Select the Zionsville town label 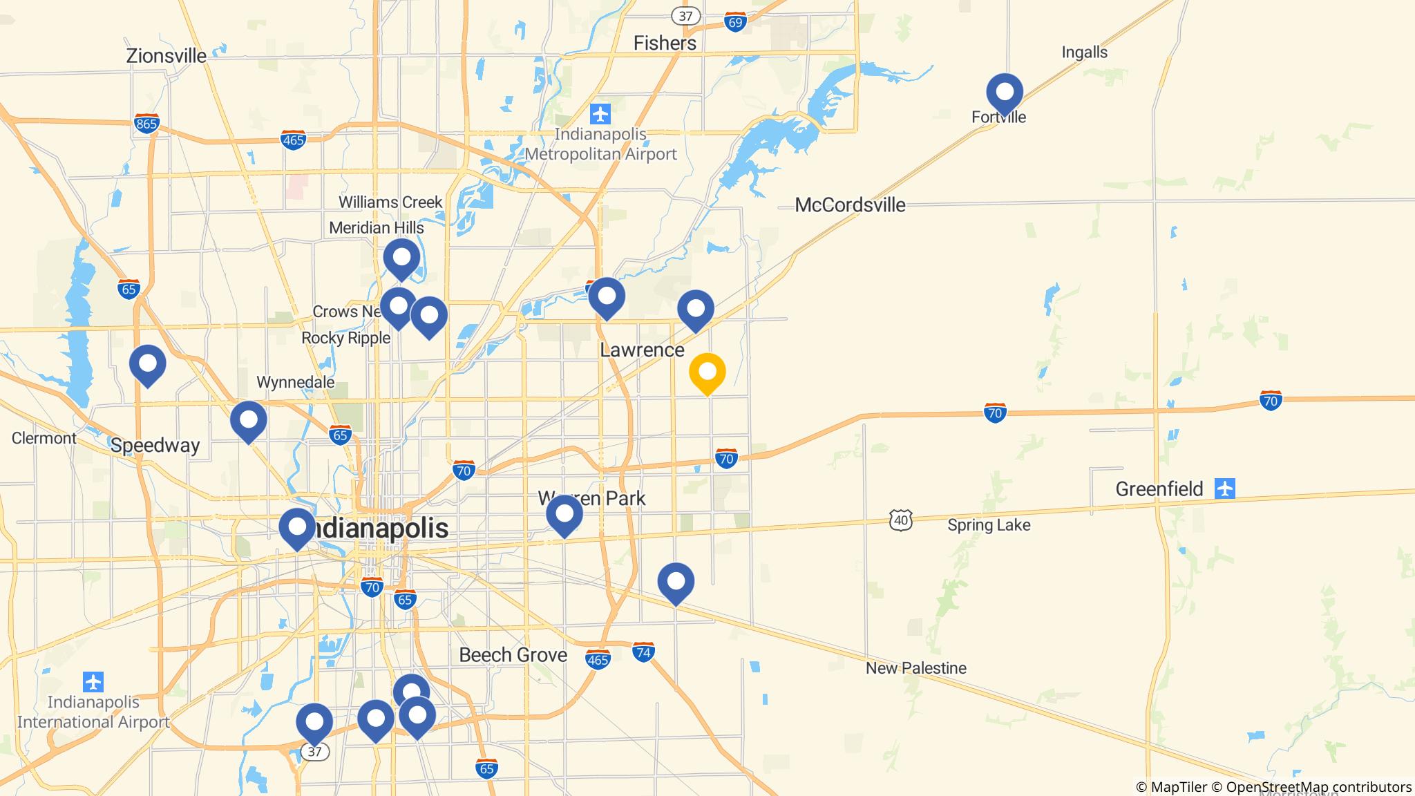[166, 56]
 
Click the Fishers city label [665, 44]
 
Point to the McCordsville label [850, 205]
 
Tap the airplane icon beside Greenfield [1225, 489]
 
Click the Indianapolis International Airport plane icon [93, 682]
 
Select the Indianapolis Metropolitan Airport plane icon [600, 113]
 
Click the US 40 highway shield [901, 520]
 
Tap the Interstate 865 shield [147, 124]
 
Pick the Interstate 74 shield [643, 652]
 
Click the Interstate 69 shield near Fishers [735, 22]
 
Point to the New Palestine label [915, 668]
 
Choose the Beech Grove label [513, 655]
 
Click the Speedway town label [155, 446]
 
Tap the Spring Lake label [988, 525]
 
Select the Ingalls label [1084, 53]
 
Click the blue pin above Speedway [147, 364]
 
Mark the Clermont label [44, 438]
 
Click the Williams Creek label [390, 202]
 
